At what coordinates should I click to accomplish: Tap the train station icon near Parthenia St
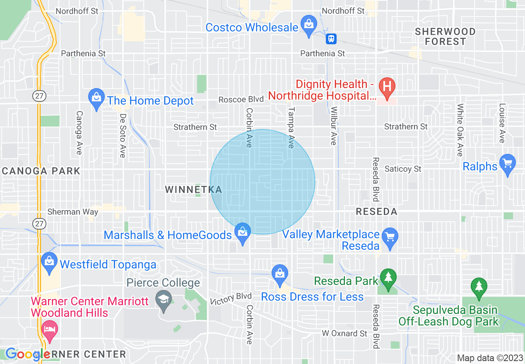pyautogui.click(x=331, y=39)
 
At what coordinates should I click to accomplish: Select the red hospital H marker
pyautogui.click(x=388, y=87)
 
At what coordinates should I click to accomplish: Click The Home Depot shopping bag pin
pyautogui.click(x=96, y=98)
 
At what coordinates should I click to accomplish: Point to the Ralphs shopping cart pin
pyautogui.click(x=507, y=164)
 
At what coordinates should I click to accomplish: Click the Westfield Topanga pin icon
pyautogui.click(x=49, y=262)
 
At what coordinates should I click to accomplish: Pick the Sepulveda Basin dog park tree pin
pyautogui.click(x=479, y=287)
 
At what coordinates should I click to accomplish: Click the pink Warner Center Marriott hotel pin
pyautogui.click(x=50, y=330)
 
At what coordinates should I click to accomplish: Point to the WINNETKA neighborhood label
pyautogui.click(x=194, y=190)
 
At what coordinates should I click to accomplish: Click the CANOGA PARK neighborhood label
pyautogui.click(x=41, y=171)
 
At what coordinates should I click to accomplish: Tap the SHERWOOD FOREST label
pyautogui.click(x=445, y=36)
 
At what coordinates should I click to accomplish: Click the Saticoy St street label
pyautogui.click(x=403, y=169)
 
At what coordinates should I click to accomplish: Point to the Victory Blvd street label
pyautogui.click(x=230, y=299)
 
